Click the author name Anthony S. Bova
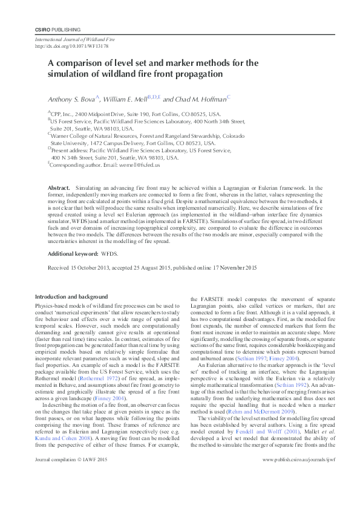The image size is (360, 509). tap(71, 99)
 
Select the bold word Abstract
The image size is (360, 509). tap(59, 189)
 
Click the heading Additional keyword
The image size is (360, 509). tap(73, 254)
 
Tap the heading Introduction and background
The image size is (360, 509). tap(71, 297)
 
